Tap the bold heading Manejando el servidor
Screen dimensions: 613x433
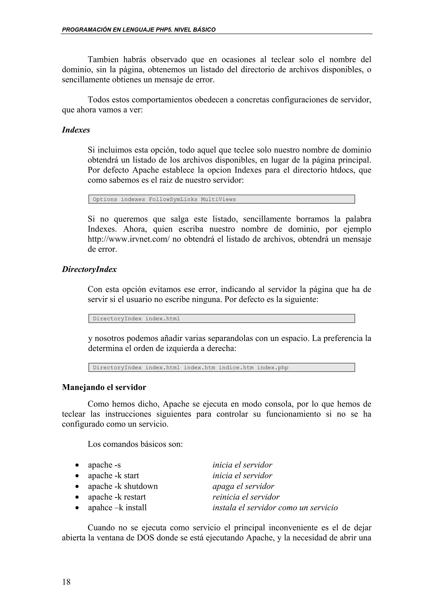(x=104, y=387)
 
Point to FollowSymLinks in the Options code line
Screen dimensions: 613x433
(x=173, y=199)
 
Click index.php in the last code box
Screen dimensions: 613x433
(x=273, y=368)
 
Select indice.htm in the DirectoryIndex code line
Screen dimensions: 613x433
(x=236, y=368)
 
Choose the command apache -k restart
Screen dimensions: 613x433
(x=117, y=497)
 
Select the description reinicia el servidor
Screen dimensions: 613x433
(x=246, y=497)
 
